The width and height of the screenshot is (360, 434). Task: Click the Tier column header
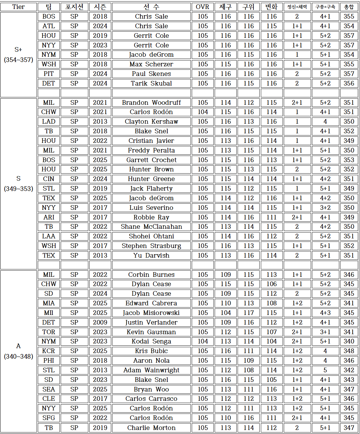pos(19,7)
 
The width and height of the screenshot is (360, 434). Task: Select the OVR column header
pos(203,7)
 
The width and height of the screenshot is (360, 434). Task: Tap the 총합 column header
pos(349,7)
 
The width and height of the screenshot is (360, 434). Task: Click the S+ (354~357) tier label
pos(19,55)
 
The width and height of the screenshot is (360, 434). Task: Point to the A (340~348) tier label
pos(19,351)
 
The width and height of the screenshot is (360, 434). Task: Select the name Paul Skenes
pos(151,74)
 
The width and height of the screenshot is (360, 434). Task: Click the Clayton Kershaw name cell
pos(151,122)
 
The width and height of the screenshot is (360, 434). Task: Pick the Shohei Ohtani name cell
pos(151,236)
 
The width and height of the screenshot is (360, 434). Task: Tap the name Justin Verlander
pos(151,322)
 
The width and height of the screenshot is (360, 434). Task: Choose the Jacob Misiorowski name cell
pos(151,313)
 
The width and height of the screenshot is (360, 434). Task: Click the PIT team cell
pos(49,74)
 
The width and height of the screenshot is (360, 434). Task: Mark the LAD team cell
pos(49,122)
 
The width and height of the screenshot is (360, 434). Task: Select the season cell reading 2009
pos(100,322)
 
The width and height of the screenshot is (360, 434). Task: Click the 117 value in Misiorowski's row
pos(248,313)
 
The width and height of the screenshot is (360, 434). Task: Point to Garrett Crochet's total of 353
pos(349,160)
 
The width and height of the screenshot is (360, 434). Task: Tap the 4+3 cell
pos(325,313)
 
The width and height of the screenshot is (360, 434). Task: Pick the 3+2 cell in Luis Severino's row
pos(325,208)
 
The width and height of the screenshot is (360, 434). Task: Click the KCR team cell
pos(49,351)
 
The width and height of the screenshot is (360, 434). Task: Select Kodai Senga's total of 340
pos(349,341)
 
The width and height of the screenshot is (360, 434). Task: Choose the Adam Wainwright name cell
pos(151,370)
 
